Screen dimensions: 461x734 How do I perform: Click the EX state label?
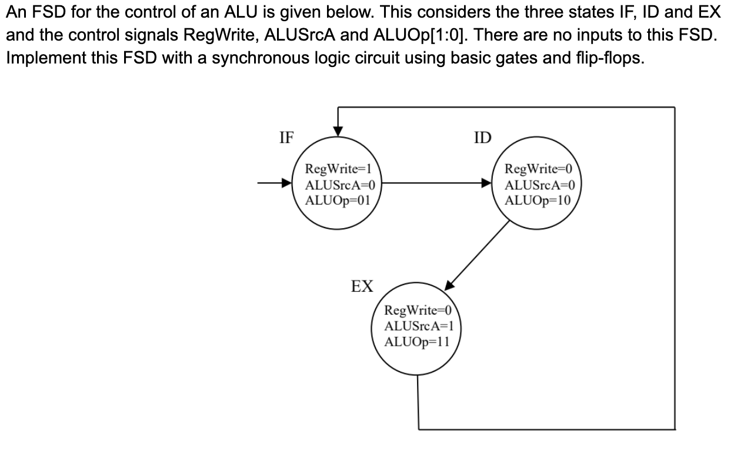[x=362, y=286]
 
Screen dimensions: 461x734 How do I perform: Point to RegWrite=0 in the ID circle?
[x=539, y=169]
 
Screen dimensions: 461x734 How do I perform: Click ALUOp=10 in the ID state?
[x=538, y=199]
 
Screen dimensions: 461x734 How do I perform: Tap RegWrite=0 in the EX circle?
[x=416, y=310]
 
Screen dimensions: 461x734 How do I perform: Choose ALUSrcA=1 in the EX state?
[x=417, y=325]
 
